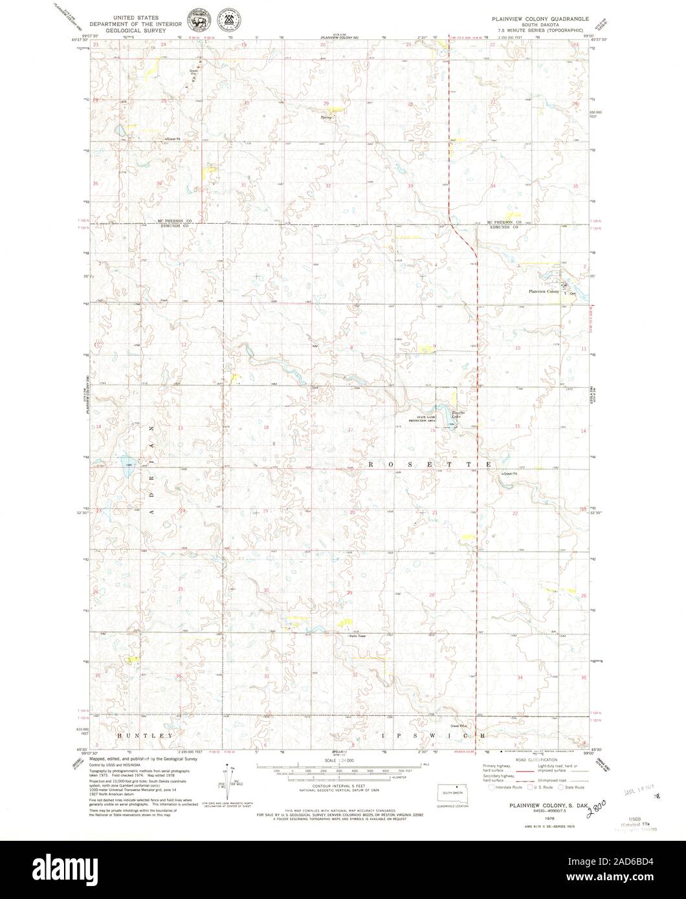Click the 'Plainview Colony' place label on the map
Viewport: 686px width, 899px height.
coord(543,292)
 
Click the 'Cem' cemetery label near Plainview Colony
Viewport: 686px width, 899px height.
coord(571,292)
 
